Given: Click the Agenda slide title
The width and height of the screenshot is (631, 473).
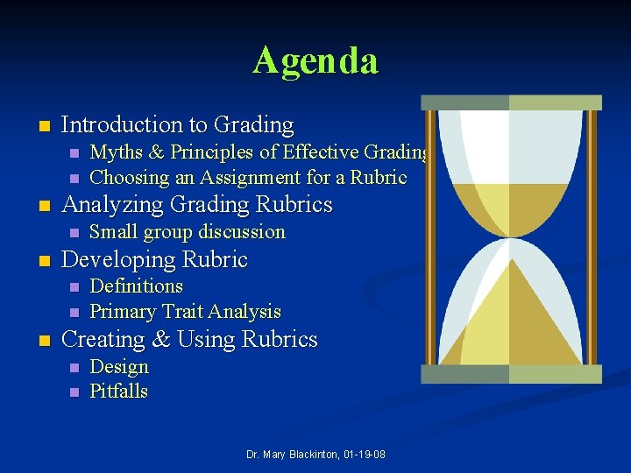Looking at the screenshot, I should pos(315,61).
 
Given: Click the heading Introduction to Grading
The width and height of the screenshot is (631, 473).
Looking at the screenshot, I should pos(177,125).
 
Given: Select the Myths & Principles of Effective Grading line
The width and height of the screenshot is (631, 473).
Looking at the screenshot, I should pos(259,152).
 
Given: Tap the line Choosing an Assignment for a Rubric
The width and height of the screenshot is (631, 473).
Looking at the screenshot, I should pos(248,178).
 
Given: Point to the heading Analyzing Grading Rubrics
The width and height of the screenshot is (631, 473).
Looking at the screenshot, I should pos(196,205).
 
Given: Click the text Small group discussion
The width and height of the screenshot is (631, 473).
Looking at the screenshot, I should pos(188,232).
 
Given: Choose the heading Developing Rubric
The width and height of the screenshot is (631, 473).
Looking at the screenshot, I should pos(154,260).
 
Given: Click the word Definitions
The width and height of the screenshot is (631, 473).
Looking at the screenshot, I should pos(137,286).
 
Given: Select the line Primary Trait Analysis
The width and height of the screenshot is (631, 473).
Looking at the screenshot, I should pos(186,312).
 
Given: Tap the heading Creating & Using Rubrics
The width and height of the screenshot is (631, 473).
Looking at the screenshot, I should pos(189,340).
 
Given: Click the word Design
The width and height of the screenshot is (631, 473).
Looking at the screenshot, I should pos(119,366).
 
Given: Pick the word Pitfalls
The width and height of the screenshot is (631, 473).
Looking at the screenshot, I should pos(119,392).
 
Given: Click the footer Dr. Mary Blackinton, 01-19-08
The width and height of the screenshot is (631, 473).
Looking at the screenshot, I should pos(315,455).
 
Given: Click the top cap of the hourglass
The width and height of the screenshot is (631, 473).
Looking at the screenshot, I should pos(511,102).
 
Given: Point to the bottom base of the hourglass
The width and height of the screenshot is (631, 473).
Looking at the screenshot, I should pos(511,374).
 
